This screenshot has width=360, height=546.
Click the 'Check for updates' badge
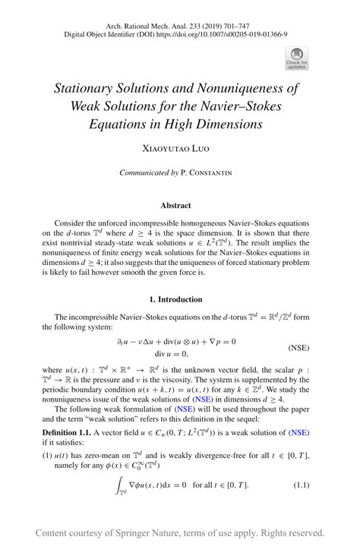296,58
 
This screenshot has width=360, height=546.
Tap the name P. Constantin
207,173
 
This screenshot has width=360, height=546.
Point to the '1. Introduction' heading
180,299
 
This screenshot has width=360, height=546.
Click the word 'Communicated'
144,173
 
